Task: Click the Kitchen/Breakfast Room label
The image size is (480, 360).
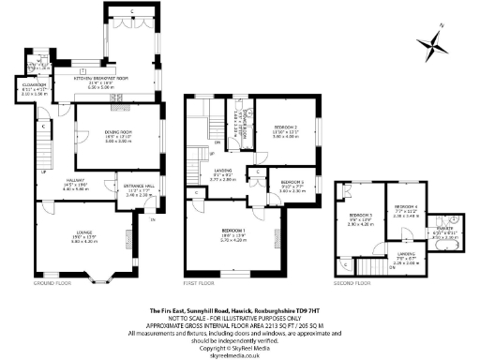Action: (100, 79)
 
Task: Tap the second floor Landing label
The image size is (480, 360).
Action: (406, 253)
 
